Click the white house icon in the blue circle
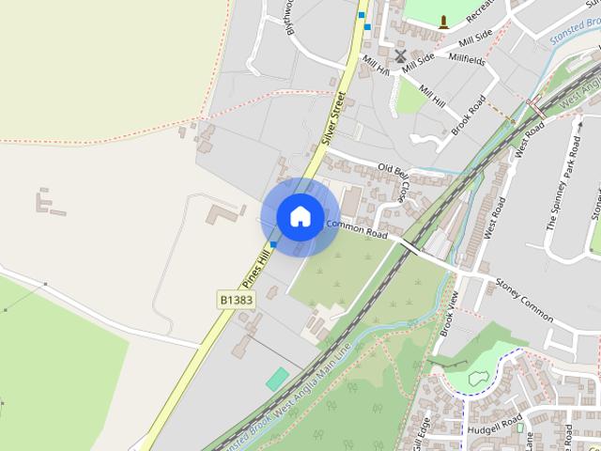click(x=300, y=216)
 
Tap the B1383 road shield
click(x=236, y=299)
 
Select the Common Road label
click(x=356, y=228)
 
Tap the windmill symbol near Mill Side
click(x=401, y=56)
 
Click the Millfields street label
click(x=467, y=59)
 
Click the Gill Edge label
click(x=424, y=432)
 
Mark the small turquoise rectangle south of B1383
click(x=278, y=379)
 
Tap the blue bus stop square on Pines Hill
click(x=273, y=245)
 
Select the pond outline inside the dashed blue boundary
click(x=476, y=379)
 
